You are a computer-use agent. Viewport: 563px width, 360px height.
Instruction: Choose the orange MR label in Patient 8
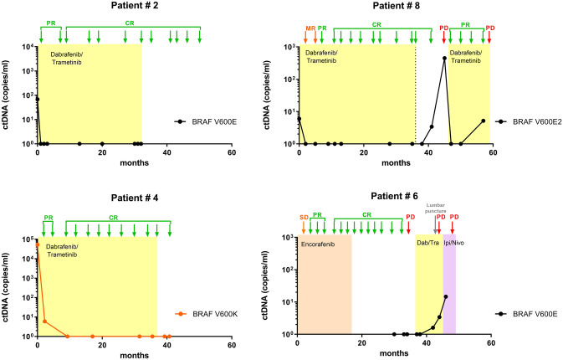pos(310,28)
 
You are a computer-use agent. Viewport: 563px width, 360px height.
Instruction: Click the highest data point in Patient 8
pos(444,58)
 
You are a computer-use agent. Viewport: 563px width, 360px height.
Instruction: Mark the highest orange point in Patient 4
pos(37,244)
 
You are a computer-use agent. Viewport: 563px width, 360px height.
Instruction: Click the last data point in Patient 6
pos(446,296)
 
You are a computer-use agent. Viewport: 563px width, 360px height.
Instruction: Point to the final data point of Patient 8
pos(483,121)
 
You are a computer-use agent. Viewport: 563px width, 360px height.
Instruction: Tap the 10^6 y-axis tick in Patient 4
pos(28,239)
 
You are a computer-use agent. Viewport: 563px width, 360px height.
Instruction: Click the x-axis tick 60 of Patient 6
pos(491,343)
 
